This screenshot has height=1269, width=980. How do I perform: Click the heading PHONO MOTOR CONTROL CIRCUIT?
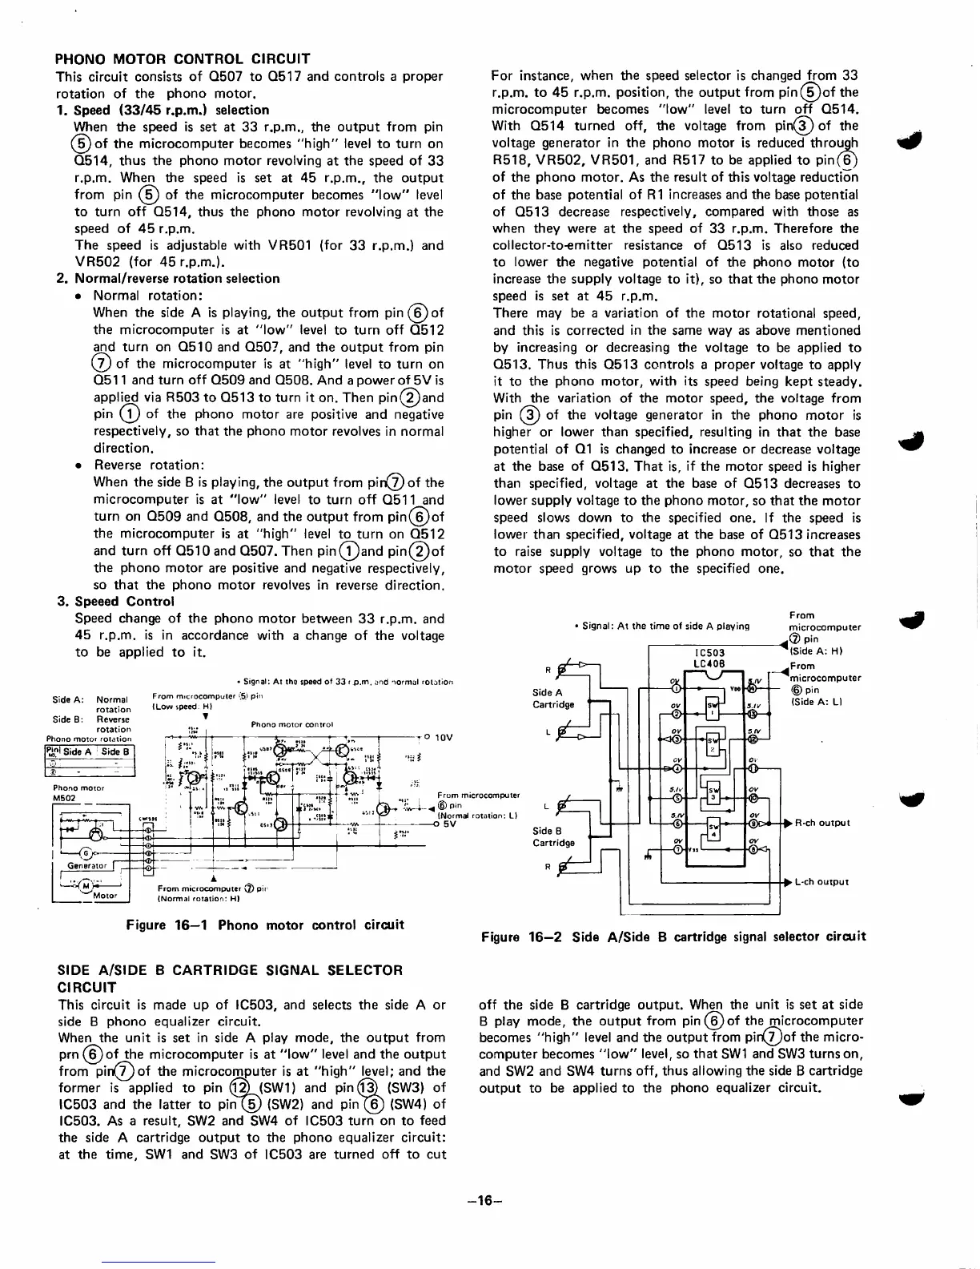point(182,58)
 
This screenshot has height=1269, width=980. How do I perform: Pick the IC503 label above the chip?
point(710,653)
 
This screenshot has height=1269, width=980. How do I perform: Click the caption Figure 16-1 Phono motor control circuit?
point(265,925)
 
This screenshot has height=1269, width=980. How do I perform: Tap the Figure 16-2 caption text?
point(673,937)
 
